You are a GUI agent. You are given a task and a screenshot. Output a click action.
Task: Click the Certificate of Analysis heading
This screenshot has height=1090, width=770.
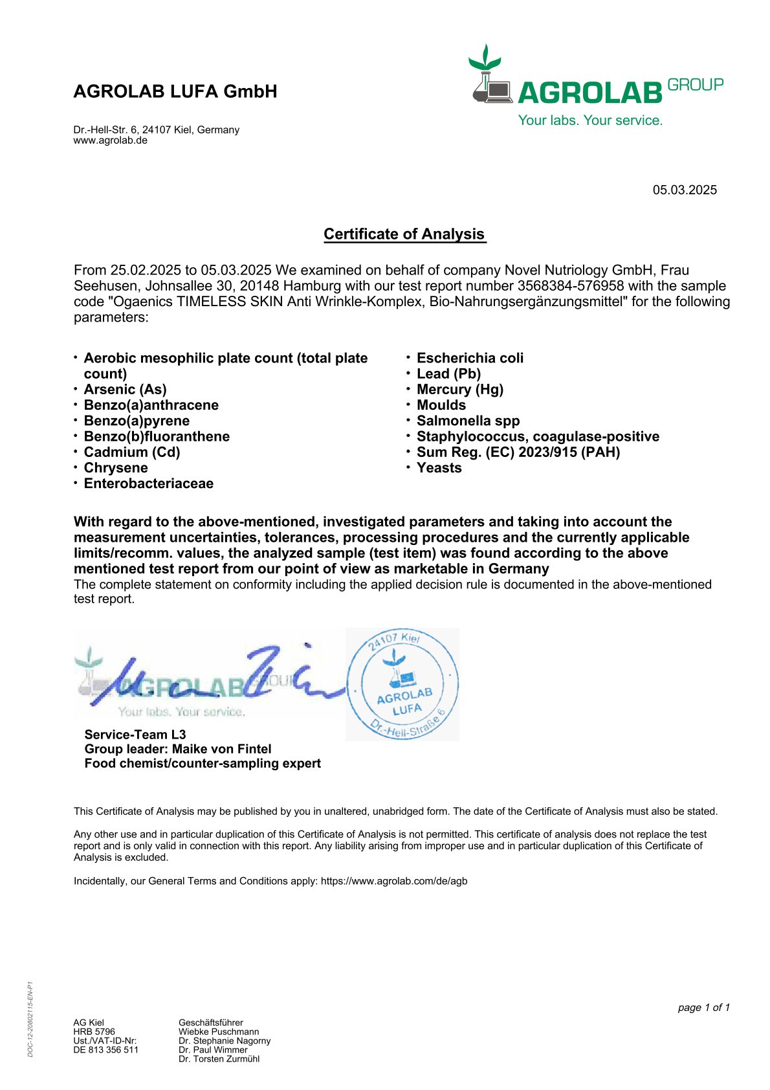click(x=404, y=234)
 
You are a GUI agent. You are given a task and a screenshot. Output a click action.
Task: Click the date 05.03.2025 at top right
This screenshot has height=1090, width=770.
click(x=685, y=190)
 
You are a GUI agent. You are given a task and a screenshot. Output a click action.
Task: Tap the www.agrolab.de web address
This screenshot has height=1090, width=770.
click(x=111, y=140)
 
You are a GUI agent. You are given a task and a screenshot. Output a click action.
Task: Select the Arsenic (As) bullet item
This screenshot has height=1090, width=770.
click(x=125, y=390)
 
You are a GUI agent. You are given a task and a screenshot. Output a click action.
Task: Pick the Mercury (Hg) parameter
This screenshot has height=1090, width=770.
click(x=459, y=390)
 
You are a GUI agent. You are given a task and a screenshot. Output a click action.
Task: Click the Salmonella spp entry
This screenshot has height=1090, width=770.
click(x=468, y=421)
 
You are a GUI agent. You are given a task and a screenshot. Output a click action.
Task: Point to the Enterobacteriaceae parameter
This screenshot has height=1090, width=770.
click(x=148, y=484)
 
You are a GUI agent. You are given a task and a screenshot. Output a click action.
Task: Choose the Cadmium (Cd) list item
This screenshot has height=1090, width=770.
click(x=132, y=452)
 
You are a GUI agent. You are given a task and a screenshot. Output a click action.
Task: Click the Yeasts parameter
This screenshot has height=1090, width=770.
click(x=439, y=468)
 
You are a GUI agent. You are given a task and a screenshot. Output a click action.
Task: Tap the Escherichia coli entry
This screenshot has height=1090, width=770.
click(x=470, y=359)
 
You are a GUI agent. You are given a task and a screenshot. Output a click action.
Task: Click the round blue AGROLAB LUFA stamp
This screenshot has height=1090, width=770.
click(x=403, y=684)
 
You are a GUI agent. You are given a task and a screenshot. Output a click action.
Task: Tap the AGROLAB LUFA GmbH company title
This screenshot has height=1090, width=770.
click(x=175, y=92)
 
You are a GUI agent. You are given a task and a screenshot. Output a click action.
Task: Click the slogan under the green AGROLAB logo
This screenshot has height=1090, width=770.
click(x=590, y=120)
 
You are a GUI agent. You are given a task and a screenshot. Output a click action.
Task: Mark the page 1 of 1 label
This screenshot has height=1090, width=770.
click(x=703, y=1008)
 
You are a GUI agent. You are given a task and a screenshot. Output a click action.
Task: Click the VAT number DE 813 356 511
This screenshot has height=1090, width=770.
click(x=106, y=1050)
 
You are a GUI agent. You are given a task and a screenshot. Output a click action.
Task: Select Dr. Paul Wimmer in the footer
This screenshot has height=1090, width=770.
click(x=213, y=1050)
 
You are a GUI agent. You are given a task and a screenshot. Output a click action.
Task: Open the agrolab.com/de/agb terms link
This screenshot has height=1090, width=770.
click(x=394, y=881)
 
